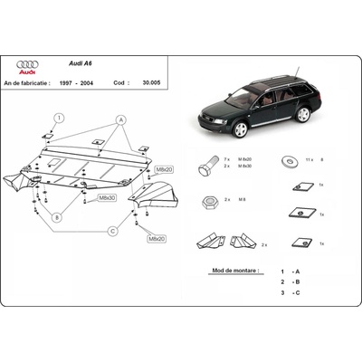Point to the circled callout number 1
58,118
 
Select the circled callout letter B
56,217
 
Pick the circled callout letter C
112,231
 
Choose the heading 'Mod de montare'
233,270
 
